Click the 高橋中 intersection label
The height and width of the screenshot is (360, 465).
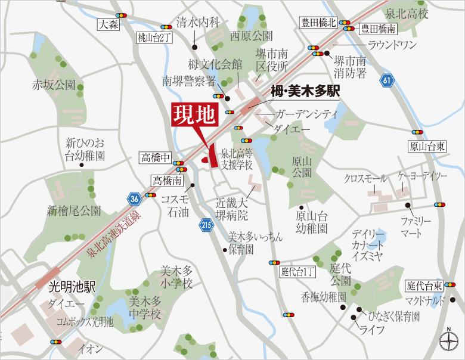click(x=155, y=158)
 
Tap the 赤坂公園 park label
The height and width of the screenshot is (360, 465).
click(x=54, y=83)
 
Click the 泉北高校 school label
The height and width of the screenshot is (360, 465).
click(x=407, y=12)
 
